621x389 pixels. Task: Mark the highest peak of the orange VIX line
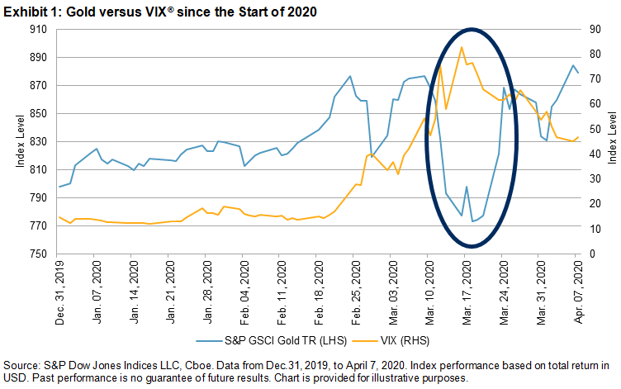click(462, 47)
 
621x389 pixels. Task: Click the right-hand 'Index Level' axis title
click(612, 142)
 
